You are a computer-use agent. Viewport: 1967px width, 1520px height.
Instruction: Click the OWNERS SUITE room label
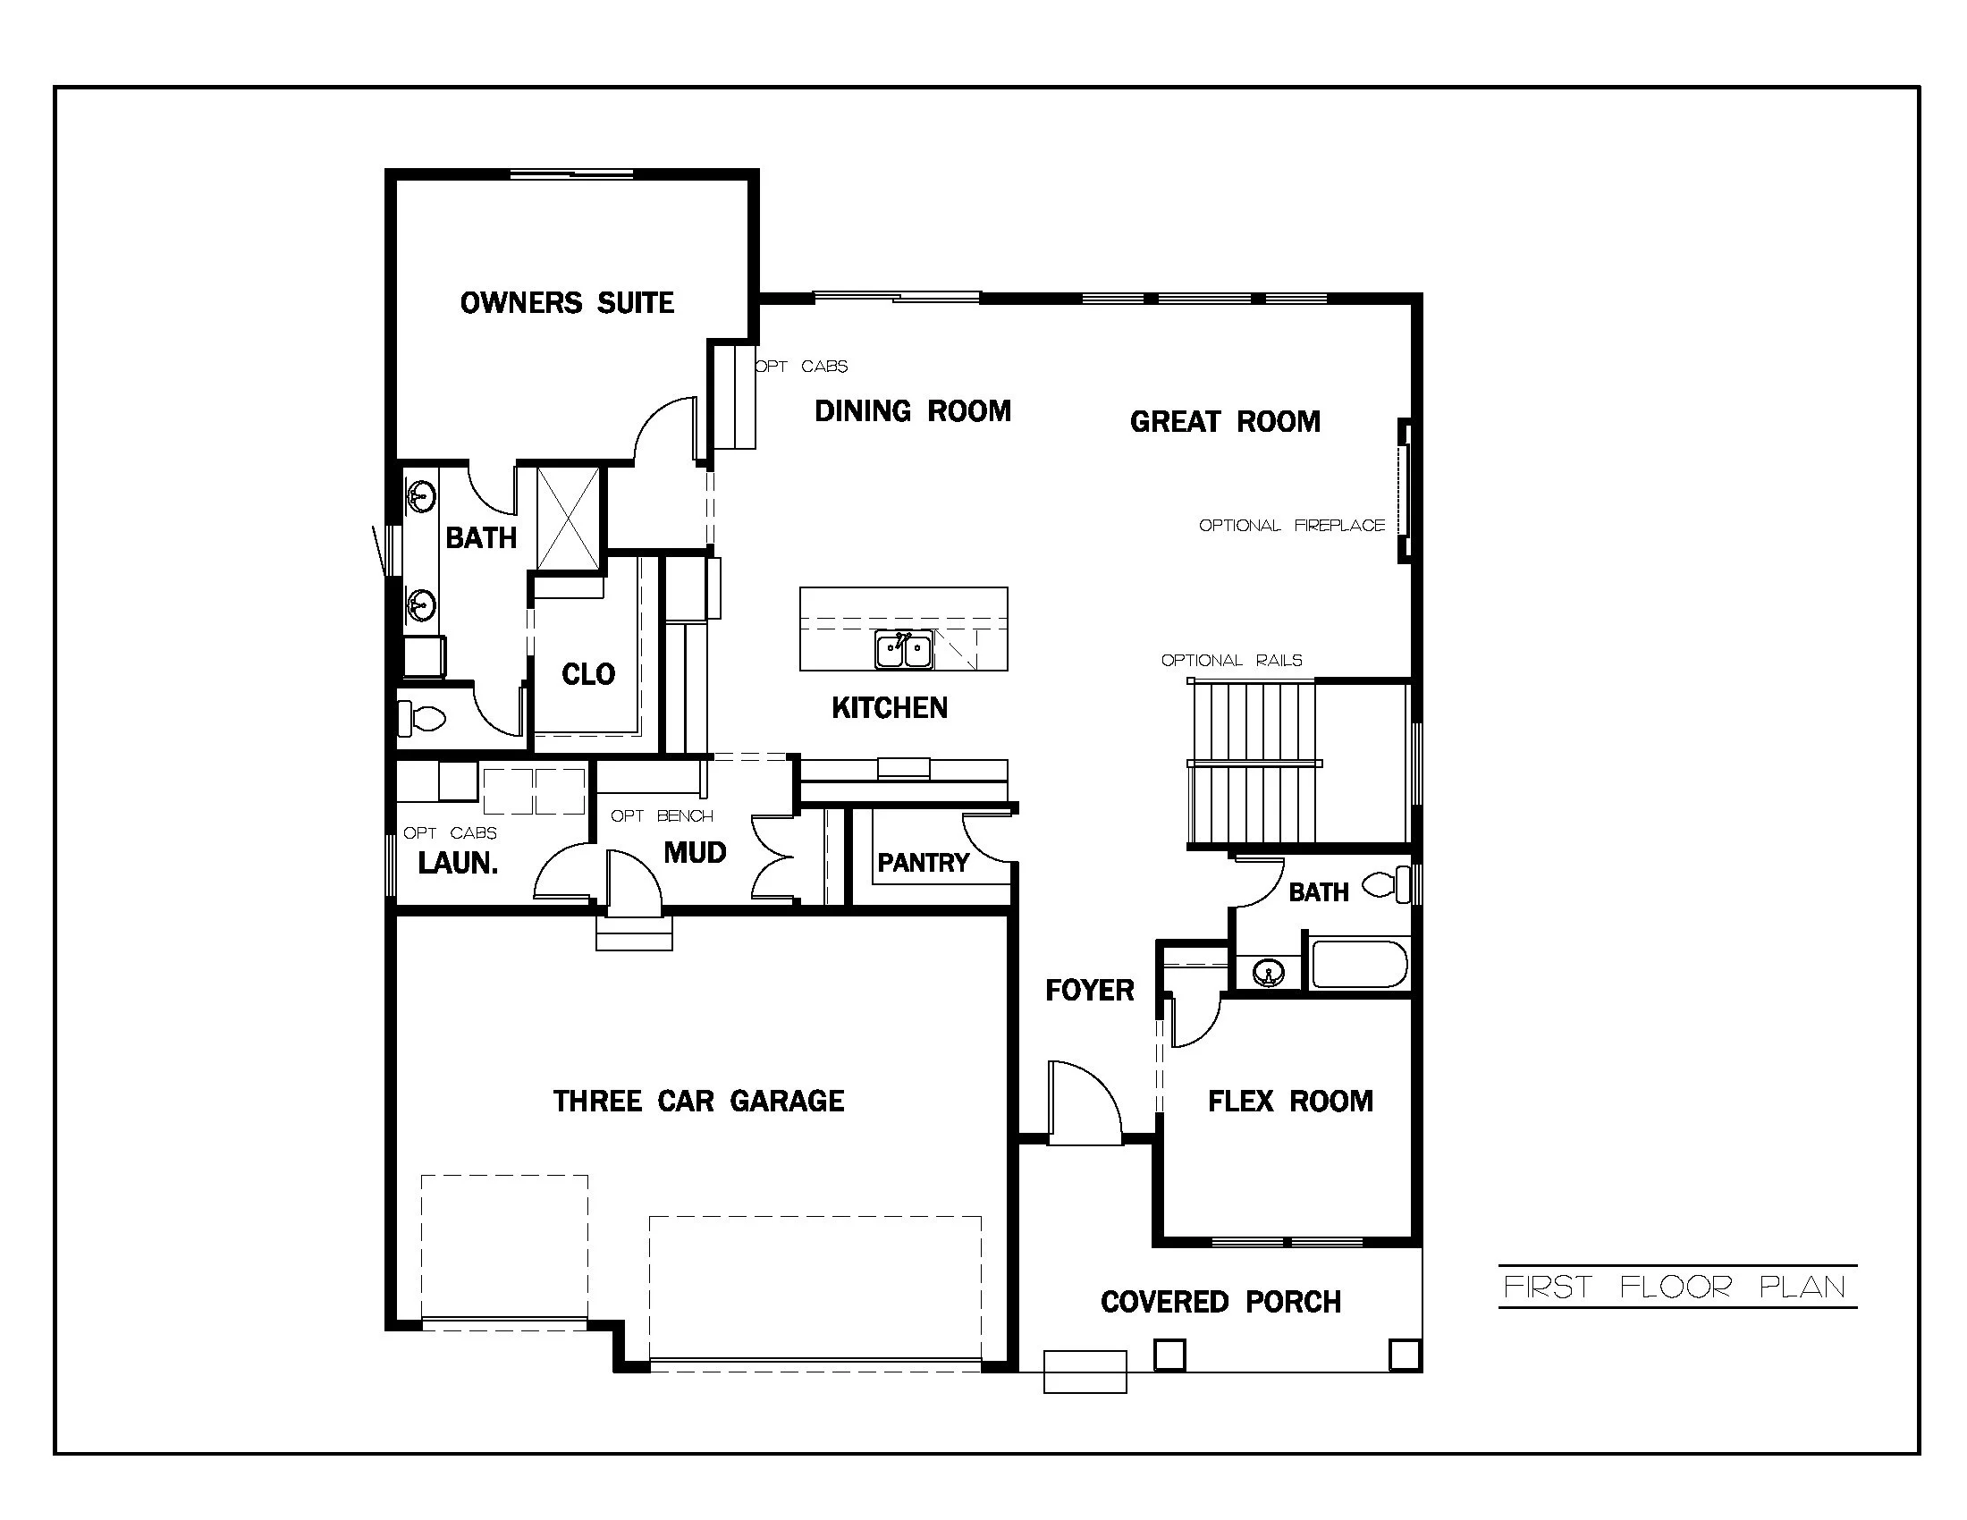coord(567,302)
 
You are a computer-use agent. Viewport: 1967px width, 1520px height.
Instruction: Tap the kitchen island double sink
coord(903,649)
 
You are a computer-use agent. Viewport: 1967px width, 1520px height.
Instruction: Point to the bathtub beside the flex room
coord(1359,965)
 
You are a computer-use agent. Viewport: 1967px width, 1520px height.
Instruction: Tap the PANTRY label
coord(923,863)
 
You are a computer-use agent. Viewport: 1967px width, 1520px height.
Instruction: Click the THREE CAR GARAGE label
coord(698,1101)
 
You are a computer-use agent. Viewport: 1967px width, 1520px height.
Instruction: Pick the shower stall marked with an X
coord(569,519)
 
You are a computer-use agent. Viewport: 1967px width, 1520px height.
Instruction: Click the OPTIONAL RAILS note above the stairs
coord(1231,660)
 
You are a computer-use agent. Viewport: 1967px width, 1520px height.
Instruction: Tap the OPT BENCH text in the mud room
coord(661,815)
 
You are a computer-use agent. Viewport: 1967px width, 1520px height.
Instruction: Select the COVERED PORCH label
coord(1220,1301)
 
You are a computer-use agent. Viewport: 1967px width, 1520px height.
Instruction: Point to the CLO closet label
coord(588,673)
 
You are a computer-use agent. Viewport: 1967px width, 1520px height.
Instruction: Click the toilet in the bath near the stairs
coord(1387,885)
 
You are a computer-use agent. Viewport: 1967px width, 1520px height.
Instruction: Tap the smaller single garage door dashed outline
coord(504,1248)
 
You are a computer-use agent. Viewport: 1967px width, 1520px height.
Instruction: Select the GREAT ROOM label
coord(1225,421)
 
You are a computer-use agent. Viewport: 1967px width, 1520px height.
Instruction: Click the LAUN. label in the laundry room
coord(458,863)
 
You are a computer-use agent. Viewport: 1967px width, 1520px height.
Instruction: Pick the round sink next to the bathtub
coord(1268,973)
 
